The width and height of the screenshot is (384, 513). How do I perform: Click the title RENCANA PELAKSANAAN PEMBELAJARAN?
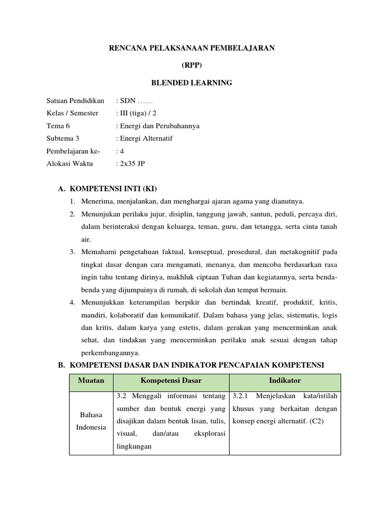192,48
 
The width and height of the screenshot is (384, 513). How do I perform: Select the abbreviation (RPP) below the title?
192,66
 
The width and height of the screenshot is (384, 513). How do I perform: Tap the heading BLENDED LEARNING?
192,83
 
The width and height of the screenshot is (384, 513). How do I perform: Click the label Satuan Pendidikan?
75,101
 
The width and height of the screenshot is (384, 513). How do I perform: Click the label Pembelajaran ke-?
73,151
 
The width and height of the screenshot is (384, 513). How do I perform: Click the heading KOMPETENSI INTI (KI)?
113,189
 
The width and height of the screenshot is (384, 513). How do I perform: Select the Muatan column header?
91,381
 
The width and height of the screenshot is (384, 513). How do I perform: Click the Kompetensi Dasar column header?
171,381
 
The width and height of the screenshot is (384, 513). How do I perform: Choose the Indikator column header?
284,381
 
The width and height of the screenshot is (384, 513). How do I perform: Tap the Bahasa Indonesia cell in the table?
91,421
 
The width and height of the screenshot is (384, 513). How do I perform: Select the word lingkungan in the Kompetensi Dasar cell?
133,446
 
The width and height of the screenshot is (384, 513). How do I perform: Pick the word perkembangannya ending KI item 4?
107,353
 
